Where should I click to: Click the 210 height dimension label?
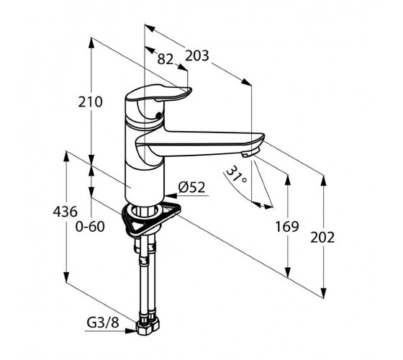tap(90, 102)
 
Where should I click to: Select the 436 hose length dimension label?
tap(65, 212)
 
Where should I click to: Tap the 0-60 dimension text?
tap(90, 227)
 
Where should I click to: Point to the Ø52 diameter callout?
tap(191, 187)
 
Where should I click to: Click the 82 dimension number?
tap(166, 59)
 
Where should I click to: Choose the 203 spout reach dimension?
tap(197, 56)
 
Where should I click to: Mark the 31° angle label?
tap(236, 175)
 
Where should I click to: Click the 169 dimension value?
tap(287, 227)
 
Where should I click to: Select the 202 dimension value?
tap(322, 238)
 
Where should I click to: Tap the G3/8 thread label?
tap(103, 323)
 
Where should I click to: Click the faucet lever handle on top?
tap(158, 94)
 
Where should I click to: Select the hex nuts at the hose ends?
tap(148, 325)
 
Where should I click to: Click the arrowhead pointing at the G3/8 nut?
tap(131, 330)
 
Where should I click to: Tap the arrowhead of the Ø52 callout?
tap(171, 196)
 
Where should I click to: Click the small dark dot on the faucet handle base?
tap(159, 115)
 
